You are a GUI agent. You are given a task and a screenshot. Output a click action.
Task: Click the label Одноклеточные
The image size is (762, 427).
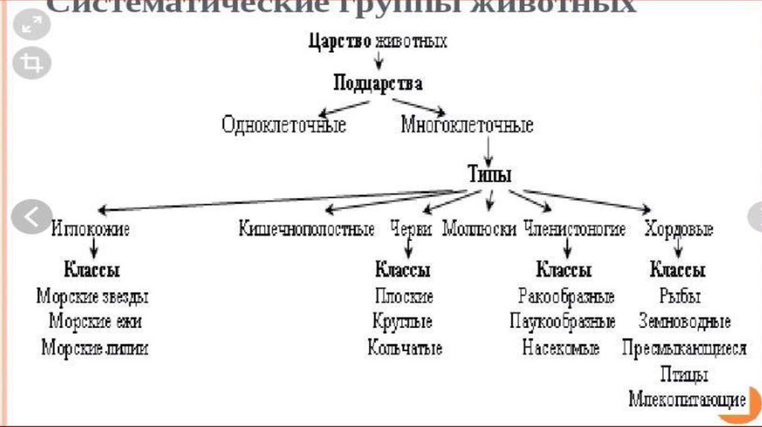pos(284,125)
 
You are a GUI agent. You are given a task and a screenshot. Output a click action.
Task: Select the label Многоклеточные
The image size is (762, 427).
pos(467,125)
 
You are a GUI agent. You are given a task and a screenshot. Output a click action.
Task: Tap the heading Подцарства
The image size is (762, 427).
pos(378,83)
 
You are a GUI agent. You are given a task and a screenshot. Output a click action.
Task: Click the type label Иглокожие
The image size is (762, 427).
pos(91,229)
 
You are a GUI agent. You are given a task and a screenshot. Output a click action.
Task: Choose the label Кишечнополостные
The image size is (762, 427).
pos(307,229)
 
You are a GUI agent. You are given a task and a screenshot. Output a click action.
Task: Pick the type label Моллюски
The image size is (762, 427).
pos(479,229)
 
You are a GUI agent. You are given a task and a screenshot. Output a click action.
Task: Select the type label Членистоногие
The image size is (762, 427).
pos(574,229)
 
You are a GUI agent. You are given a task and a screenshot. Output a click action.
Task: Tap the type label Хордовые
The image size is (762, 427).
pos(679,229)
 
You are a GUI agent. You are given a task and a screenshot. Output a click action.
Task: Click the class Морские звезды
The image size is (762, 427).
pos(92,297)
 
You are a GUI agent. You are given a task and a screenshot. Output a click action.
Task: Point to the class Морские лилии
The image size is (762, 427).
pos(95,347)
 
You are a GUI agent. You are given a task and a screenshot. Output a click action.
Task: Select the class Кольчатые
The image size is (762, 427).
pos(405,347)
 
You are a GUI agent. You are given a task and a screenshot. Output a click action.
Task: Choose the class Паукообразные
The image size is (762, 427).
pos(563,322)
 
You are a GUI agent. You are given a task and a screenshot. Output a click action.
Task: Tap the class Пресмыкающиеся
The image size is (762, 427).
pos(684,347)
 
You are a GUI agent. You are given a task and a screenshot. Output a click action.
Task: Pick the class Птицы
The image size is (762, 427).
pos(683,374)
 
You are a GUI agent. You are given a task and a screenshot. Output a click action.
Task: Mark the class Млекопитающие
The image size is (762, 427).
pos(687,399)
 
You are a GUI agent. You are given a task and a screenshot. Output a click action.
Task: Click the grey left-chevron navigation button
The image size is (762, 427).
pos(32,217)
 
